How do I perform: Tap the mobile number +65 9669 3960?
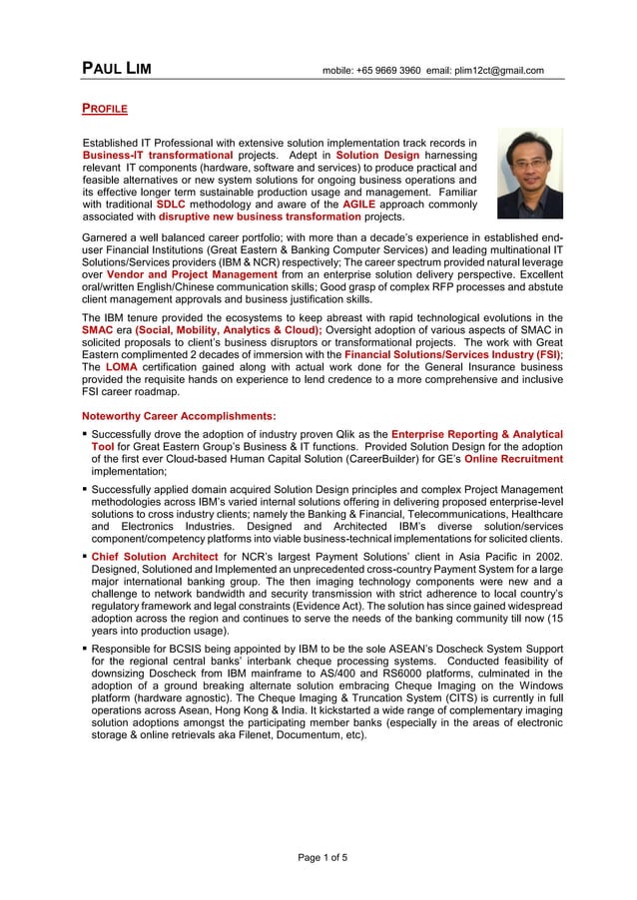point(389,71)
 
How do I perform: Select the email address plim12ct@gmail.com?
point(499,71)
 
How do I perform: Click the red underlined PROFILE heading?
point(104,106)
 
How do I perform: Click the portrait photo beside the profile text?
point(529,174)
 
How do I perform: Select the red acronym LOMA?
point(122,367)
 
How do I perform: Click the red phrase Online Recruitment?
point(513,459)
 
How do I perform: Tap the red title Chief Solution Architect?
point(155,557)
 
